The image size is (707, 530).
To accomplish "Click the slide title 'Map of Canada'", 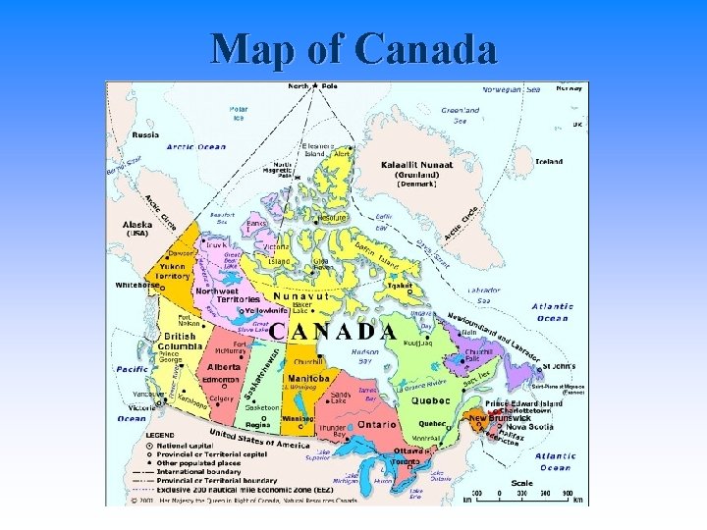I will [x=353, y=47].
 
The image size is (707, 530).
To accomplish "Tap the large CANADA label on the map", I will [x=333, y=331].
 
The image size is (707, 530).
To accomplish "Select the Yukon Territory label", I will [x=173, y=271].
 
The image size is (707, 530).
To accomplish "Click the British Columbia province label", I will [x=180, y=341].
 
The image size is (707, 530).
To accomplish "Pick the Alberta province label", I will [x=224, y=366].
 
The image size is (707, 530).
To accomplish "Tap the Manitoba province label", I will [x=308, y=378].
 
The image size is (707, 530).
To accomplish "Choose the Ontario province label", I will [x=376, y=424].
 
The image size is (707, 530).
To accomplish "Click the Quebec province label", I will [x=430, y=400].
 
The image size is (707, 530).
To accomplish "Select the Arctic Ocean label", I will [x=195, y=147].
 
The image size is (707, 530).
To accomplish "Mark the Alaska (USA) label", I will [x=137, y=228].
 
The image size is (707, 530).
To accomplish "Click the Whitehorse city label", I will [x=136, y=286].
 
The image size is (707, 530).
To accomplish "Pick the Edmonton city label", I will [x=220, y=380].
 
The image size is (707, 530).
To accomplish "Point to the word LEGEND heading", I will [x=160, y=435].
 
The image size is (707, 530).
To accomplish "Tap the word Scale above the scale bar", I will [x=522, y=482].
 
